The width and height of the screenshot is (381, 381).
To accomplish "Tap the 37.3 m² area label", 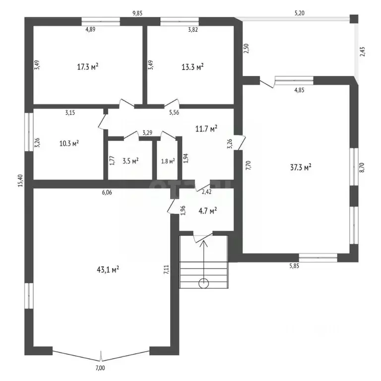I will tap(300, 168).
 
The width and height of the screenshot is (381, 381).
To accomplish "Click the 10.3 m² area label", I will tap(69, 143).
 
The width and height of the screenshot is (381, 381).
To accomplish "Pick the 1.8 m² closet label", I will tap(168, 160).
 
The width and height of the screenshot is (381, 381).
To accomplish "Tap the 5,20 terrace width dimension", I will tap(299, 13).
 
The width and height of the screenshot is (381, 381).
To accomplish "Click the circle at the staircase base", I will tap(203, 284).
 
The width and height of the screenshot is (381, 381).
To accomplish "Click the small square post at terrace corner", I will tap(353, 19).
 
